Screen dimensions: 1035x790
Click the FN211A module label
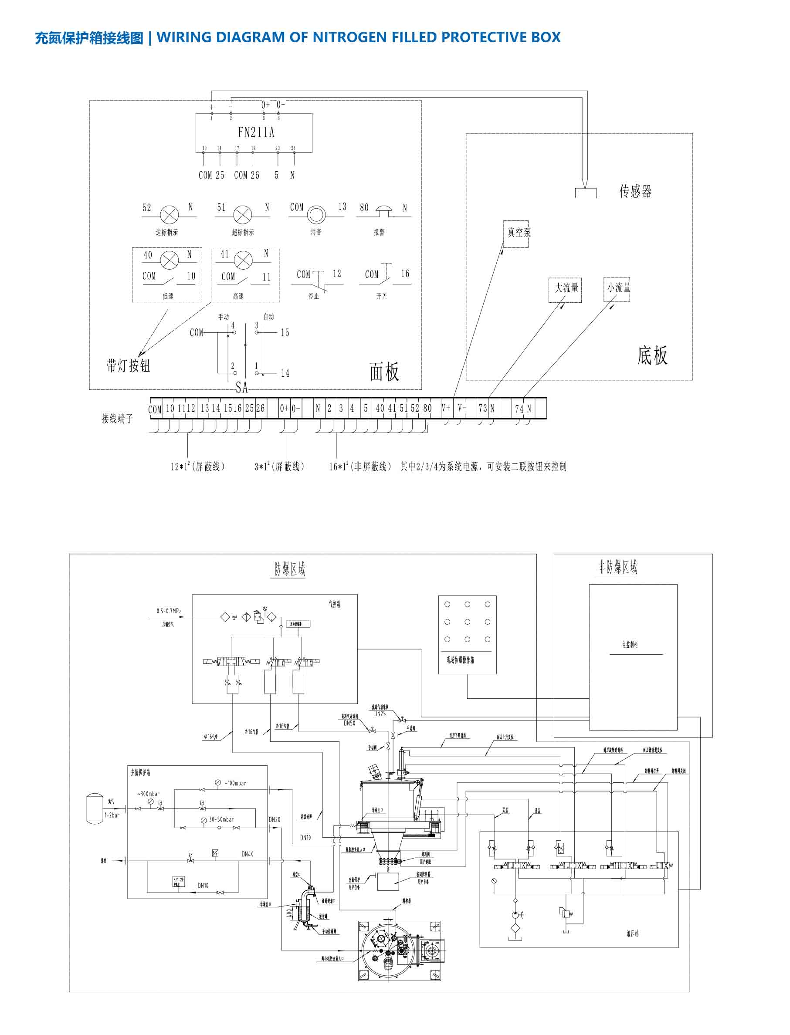coord(256,132)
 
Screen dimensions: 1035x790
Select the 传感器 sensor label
coord(635,191)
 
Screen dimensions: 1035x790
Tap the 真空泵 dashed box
coord(516,233)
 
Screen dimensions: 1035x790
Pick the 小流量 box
coord(617,289)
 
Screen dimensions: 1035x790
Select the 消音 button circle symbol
coord(316,216)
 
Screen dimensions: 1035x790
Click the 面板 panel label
coord(384,372)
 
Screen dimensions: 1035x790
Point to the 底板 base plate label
coord(652,355)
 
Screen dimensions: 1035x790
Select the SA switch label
coord(242,387)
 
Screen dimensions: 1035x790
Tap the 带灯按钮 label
coord(128,365)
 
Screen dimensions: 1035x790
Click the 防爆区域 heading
coord(290,569)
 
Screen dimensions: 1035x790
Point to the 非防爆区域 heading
coord(618,567)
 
